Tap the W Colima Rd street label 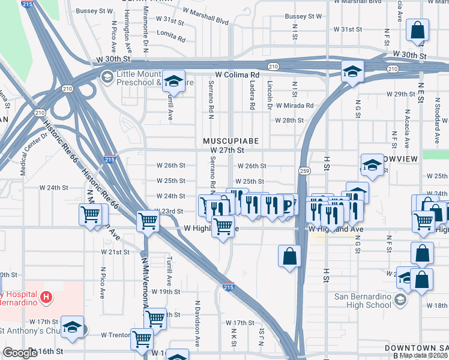[x=236, y=74]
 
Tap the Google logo [x=20, y=353]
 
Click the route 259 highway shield [x=305, y=170]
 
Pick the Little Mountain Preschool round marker [x=107, y=76]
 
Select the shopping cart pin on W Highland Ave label [x=223, y=226]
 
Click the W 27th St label [x=227, y=150]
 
